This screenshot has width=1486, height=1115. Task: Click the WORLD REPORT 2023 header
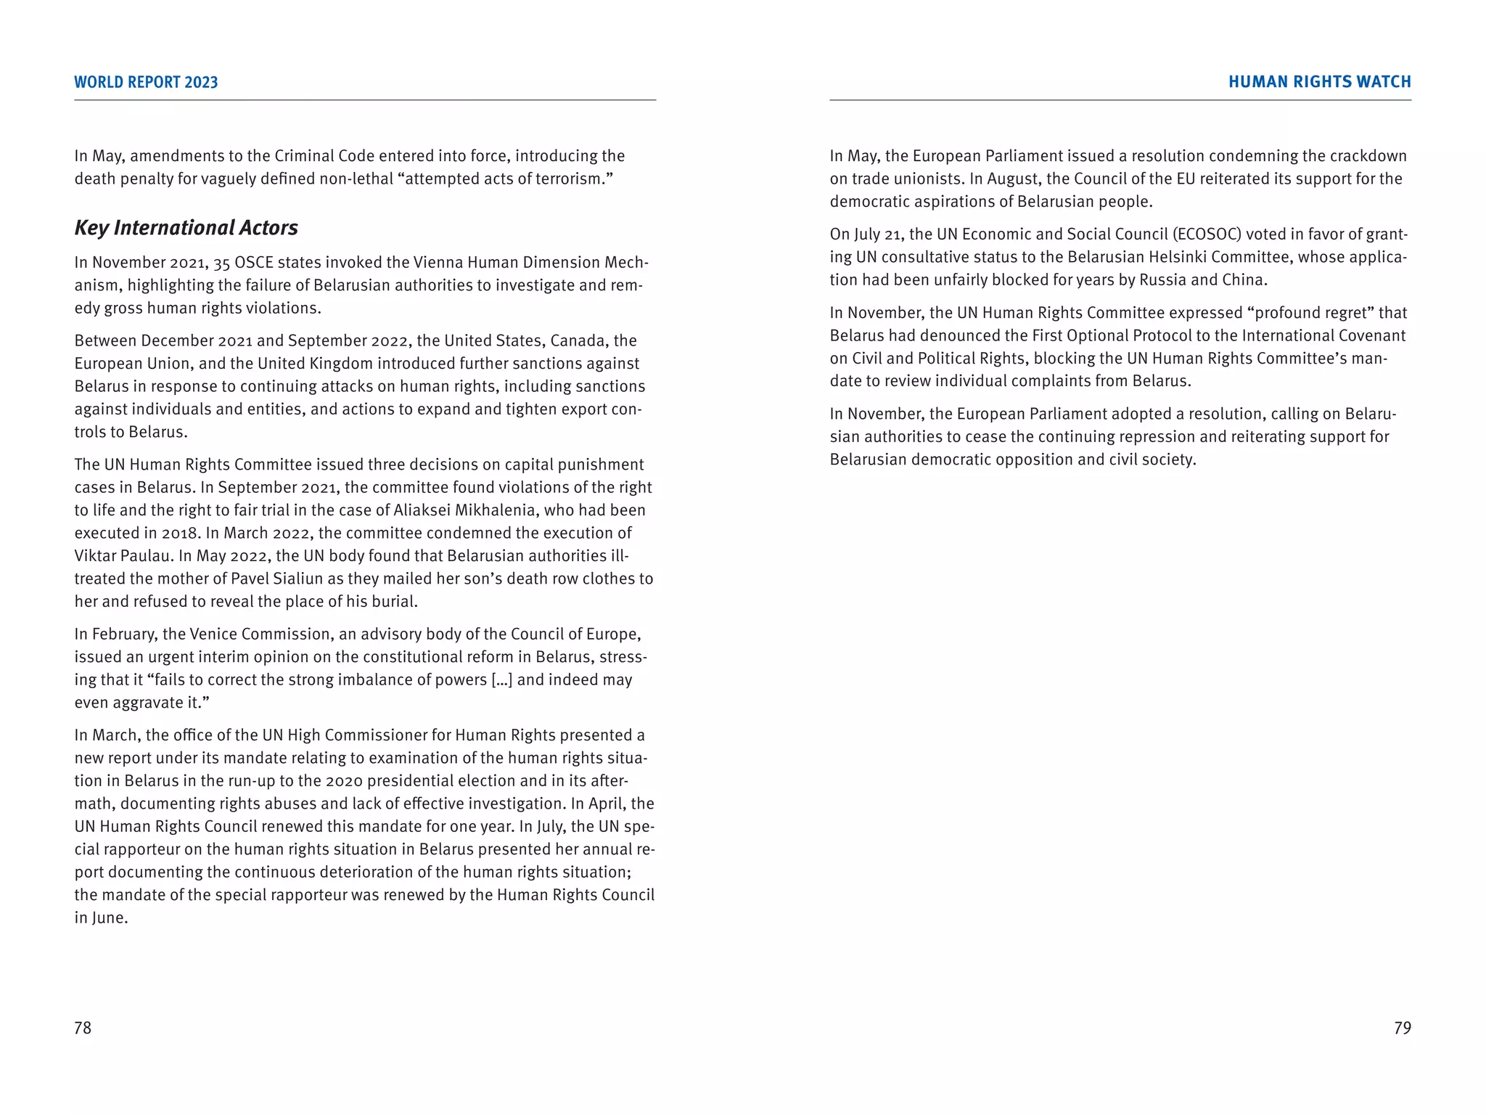click(146, 82)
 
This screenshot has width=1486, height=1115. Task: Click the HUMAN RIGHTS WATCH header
click(1319, 82)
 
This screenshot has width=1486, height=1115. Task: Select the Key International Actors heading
click(186, 228)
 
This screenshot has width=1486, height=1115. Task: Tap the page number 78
click(83, 1028)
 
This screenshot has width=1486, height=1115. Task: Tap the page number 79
click(1402, 1028)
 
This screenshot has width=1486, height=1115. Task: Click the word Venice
click(213, 634)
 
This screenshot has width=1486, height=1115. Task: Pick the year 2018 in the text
click(179, 534)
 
